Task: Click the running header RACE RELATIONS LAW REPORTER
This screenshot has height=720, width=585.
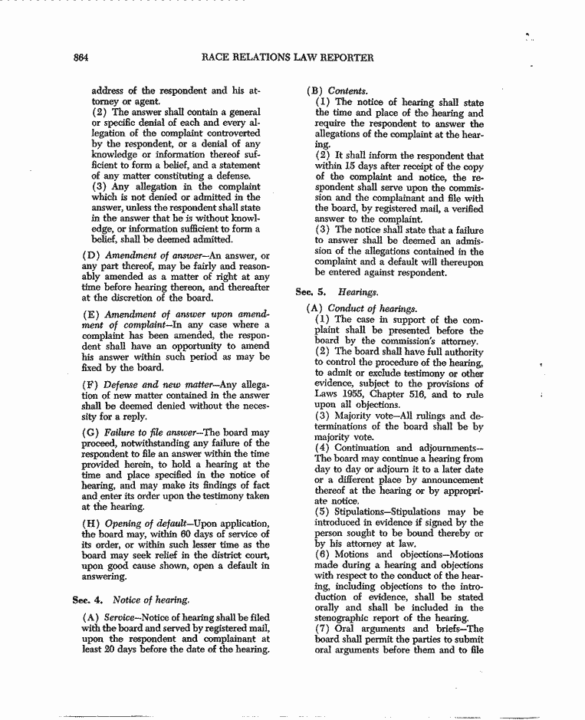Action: coord(287,58)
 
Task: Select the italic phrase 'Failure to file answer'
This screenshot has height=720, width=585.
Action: coord(147,432)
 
